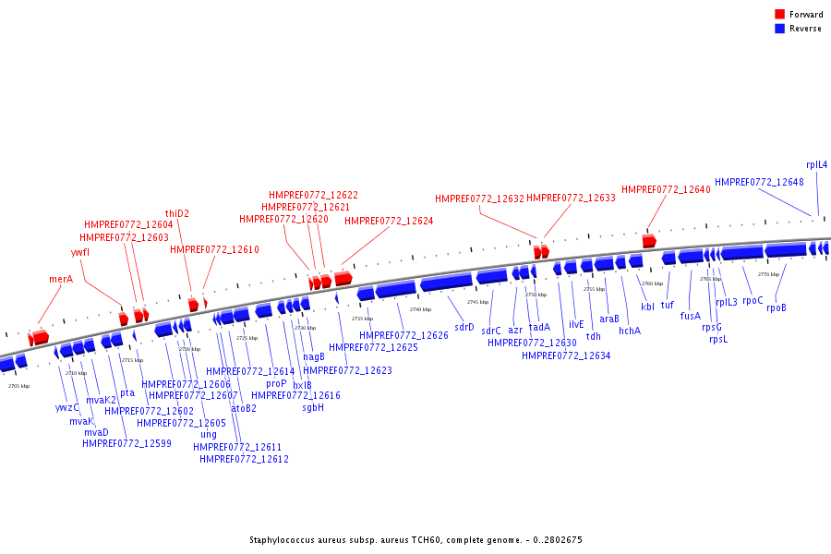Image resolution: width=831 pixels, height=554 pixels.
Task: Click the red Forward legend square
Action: (779, 15)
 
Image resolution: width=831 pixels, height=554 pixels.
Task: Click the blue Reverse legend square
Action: (779, 29)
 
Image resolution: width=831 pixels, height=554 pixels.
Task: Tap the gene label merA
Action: (61, 279)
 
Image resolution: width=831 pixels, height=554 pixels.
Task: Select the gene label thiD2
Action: (177, 213)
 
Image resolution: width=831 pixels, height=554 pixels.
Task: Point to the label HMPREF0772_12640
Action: (666, 189)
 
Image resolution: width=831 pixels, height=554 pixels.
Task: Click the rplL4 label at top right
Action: (816, 164)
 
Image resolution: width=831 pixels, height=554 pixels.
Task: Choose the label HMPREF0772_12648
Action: (759, 182)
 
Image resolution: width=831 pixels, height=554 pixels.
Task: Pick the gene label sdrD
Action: (464, 327)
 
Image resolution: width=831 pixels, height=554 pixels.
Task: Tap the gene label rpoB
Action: (777, 307)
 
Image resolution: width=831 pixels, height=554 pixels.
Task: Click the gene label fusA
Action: (691, 316)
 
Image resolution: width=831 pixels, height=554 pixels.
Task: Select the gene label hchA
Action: (630, 331)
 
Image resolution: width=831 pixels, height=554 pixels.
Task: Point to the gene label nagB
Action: (314, 356)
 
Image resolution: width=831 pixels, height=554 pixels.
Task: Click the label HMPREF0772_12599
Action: (126, 443)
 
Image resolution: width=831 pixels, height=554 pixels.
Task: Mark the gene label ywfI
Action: (80, 252)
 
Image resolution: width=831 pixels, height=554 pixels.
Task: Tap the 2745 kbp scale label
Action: (477, 302)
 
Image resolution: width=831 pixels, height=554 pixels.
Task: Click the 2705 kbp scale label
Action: (18, 386)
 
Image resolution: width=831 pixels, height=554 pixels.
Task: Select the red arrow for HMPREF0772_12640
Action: (649, 241)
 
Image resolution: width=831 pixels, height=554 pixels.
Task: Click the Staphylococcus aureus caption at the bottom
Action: (415, 540)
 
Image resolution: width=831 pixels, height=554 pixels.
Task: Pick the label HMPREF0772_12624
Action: (389, 221)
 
